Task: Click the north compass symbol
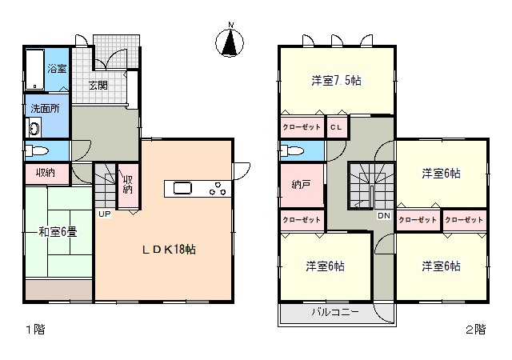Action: (230, 42)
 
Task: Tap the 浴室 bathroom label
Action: (57, 69)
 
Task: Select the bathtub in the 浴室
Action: (34, 70)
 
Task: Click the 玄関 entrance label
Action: (98, 86)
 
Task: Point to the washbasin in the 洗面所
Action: (34, 127)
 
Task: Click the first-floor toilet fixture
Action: (37, 151)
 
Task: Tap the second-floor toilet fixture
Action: (292, 151)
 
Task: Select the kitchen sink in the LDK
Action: (182, 189)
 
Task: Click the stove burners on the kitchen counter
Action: (218, 189)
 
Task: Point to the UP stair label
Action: (105, 214)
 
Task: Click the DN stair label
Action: (384, 216)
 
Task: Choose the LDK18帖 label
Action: (169, 250)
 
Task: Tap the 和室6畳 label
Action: (58, 232)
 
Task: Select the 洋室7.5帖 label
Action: (336, 81)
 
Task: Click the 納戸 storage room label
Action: (301, 185)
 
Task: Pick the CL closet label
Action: (336, 127)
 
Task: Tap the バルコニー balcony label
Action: (335, 312)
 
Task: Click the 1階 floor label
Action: (35, 330)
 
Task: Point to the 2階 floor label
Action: (475, 330)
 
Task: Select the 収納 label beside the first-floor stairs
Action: (128, 185)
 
